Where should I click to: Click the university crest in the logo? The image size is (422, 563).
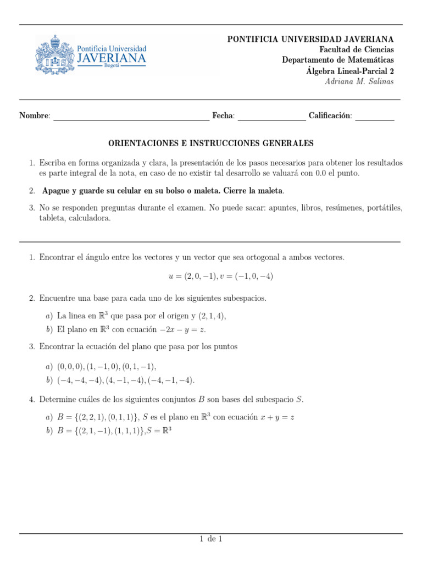(x=55, y=54)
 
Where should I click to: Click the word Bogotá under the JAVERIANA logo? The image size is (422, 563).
(x=111, y=65)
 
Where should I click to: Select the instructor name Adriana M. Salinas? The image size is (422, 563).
(x=359, y=81)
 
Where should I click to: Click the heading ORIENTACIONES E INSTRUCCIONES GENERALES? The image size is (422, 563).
(x=210, y=143)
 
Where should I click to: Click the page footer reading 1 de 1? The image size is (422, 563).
(x=210, y=539)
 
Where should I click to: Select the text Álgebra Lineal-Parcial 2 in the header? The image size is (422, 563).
(x=350, y=71)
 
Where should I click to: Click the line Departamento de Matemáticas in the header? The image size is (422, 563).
(x=338, y=60)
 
